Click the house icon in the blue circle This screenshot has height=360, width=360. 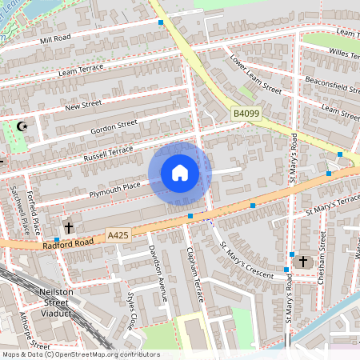click(180, 173)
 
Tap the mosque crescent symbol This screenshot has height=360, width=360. click(22, 126)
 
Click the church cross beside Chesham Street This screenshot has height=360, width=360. click(302, 262)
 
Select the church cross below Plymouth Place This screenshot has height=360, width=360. click(69, 227)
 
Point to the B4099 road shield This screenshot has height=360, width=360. click(247, 115)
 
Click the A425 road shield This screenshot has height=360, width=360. click(118, 235)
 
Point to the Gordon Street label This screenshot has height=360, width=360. click(114, 126)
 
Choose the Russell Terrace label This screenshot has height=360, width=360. click(110, 152)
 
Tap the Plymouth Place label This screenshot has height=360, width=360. click(115, 186)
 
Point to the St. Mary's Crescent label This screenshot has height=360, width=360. click(247, 258)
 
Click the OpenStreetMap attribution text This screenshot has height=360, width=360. click(80, 354)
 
